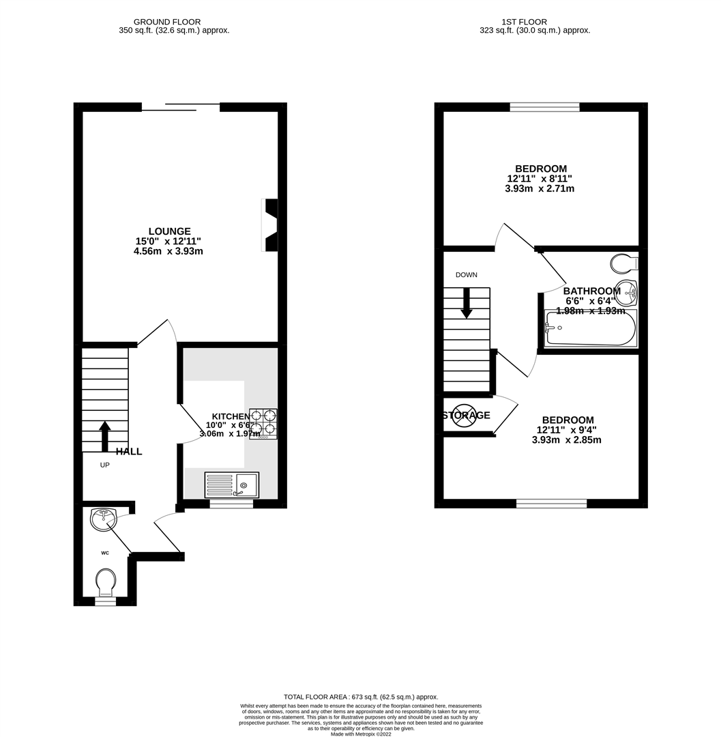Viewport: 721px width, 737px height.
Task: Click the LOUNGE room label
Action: (x=170, y=231)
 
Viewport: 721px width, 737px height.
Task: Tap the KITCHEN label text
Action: (x=231, y=416)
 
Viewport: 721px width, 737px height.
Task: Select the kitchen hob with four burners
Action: (x=263, y=423)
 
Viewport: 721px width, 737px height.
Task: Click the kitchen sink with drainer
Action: (x=231, y=485)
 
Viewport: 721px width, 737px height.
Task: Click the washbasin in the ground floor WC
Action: (x=102, y=519)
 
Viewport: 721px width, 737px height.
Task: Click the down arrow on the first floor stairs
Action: (x=467, y=304)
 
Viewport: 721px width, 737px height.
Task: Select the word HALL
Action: (x=129, y=451)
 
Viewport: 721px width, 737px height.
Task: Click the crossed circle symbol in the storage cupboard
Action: (x=464, y=416)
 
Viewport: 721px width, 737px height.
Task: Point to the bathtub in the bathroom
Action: (x=591, y=329)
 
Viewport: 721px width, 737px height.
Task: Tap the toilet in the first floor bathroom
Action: (x=623, y=263)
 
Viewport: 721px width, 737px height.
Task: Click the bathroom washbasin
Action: (x=626, y=291)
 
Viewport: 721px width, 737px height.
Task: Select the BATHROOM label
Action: (x=591, y=291)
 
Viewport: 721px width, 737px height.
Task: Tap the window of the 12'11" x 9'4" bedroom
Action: (x=551, y=504)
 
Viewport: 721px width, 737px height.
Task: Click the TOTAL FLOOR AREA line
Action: (x=361, y=697)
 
